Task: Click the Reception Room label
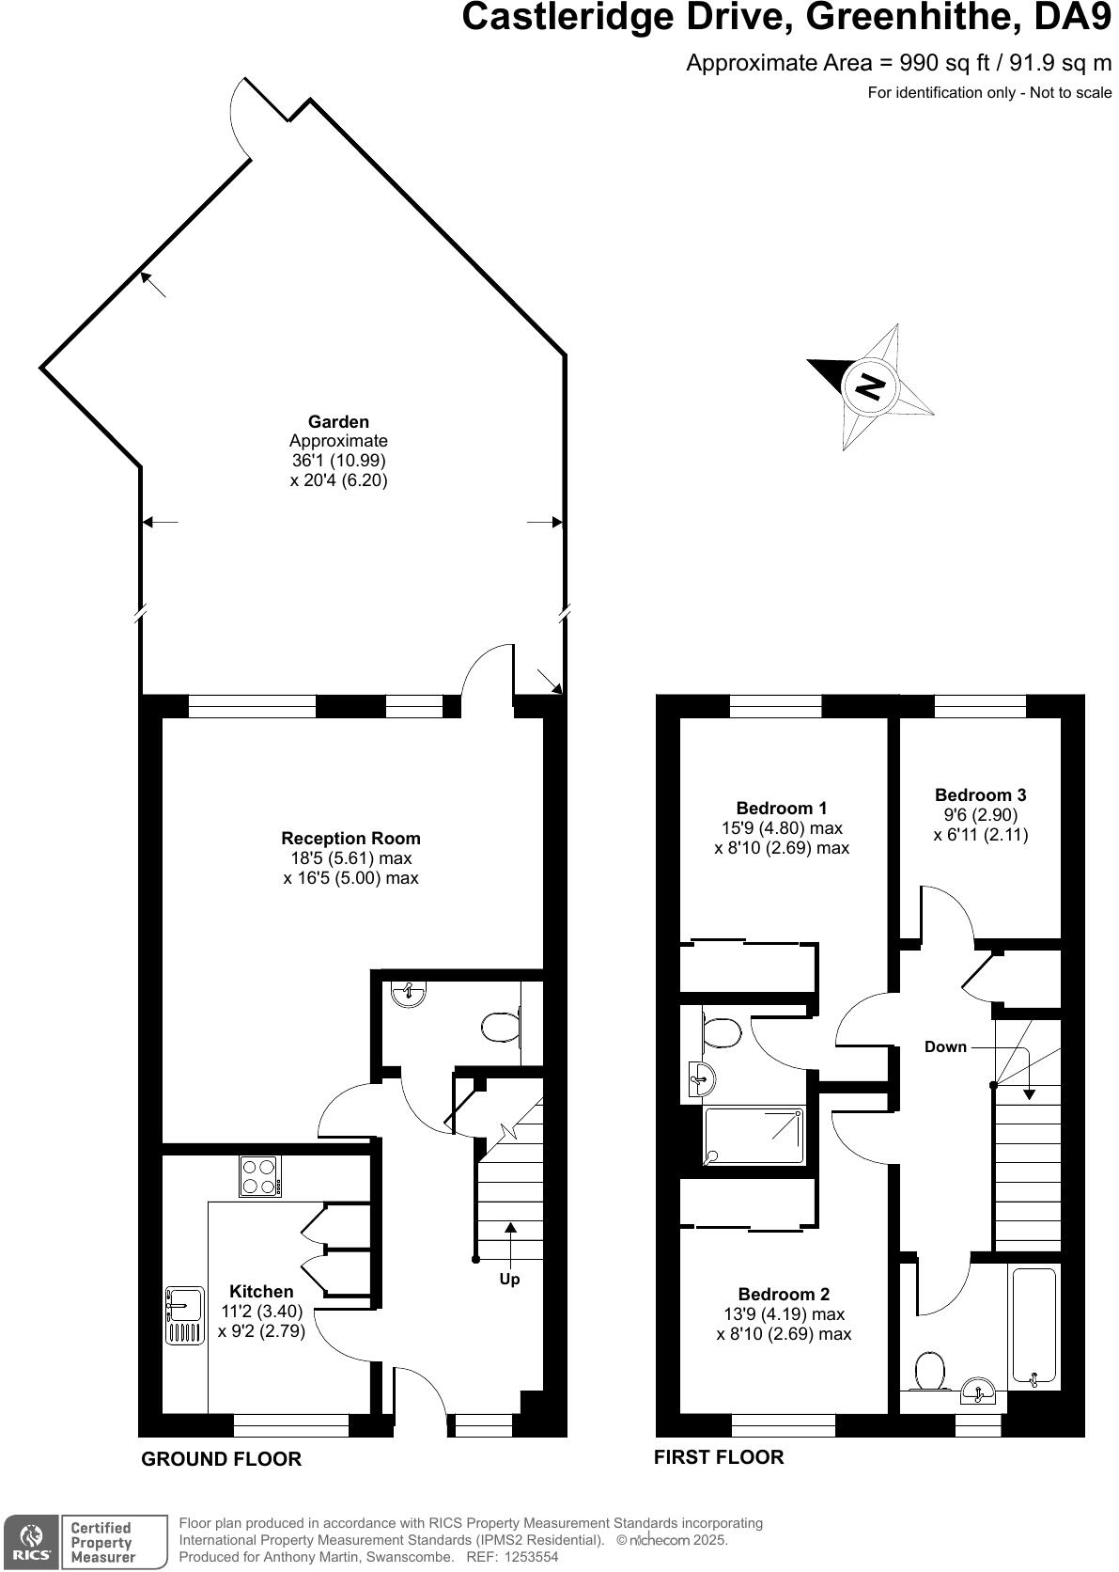point(350,838)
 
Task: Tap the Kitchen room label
point(261,1291)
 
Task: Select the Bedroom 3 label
point(980,794)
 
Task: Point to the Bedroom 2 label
point(784,1294)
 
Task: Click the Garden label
point(338,421)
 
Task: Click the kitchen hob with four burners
point(260,1175)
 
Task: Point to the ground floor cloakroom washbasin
point(410,993)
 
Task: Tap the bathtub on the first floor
point(1034,1327)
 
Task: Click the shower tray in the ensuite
point(754,1135)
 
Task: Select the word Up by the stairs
point(509,1279)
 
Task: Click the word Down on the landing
point(945,1046)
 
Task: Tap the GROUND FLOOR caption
point(221,1458)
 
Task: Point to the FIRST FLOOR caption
point(719,1456)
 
